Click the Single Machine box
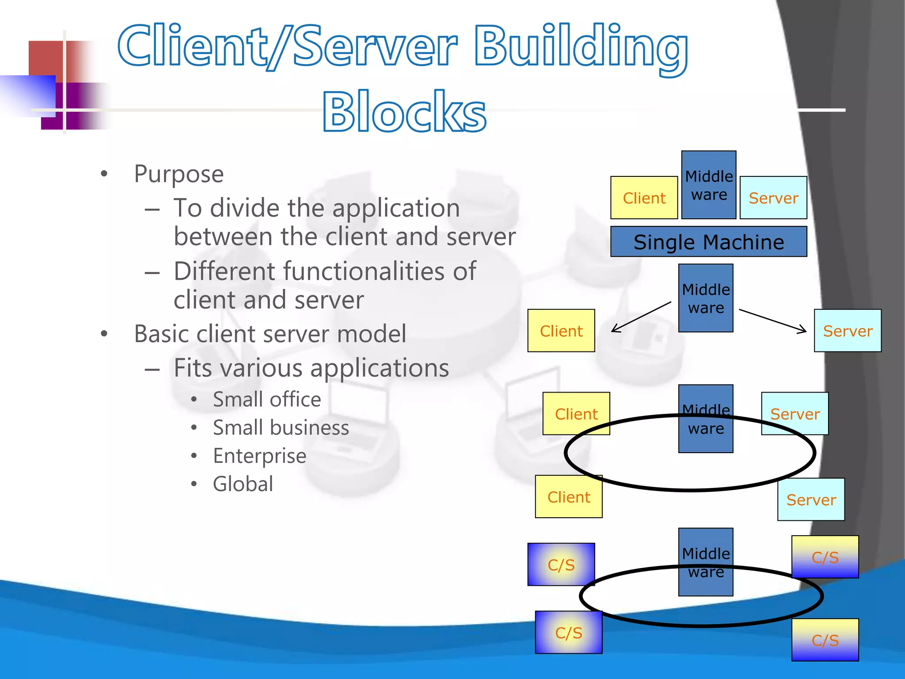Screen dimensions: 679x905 708,242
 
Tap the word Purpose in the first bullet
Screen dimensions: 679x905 179,174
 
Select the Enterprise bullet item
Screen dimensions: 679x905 259,456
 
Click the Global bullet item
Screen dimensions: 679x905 243,484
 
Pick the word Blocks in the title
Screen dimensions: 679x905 404,111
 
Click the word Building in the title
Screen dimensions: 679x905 580,48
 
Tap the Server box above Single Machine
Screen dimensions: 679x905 773,198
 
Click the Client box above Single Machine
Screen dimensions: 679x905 644,198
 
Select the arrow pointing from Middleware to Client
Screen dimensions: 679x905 641,317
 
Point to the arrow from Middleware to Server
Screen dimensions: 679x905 772,320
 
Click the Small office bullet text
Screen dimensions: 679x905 267,400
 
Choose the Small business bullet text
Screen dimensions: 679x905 281,428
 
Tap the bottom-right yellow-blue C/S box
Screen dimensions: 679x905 825,640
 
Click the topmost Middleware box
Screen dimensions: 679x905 708,185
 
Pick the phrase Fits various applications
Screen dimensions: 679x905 311,368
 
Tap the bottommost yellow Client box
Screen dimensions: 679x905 568,497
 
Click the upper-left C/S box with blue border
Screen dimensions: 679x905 561,565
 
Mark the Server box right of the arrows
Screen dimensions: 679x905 847,331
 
